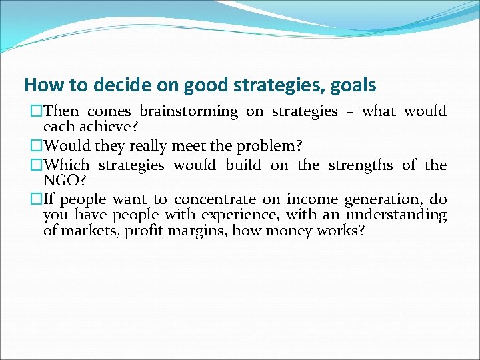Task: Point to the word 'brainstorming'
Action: pos(188,111)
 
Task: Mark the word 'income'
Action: pos(313,199)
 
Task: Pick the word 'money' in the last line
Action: pos(289,231)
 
